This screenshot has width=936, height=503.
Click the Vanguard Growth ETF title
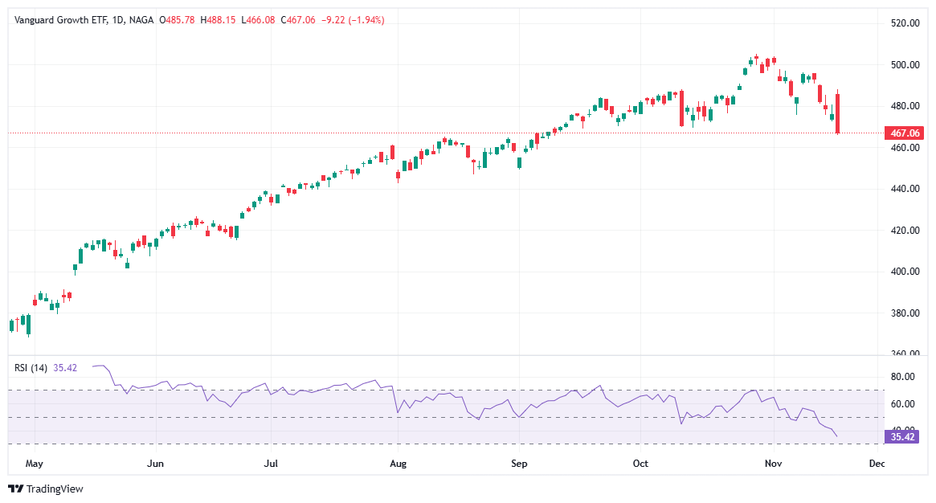(58, 19)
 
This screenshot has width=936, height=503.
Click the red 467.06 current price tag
(905, 133)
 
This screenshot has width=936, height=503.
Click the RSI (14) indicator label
(31, 368)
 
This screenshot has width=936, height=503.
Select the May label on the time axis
(34, 464)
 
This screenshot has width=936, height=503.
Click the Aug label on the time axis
(398, 464)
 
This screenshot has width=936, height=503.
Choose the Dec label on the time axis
(877, 464)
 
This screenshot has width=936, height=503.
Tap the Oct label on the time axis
(640, 464)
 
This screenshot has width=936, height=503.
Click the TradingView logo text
(55, 489)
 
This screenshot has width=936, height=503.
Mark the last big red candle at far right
(837, 113)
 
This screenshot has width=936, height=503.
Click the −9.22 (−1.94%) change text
(353, 19)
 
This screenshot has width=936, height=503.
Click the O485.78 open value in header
(177, 19)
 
